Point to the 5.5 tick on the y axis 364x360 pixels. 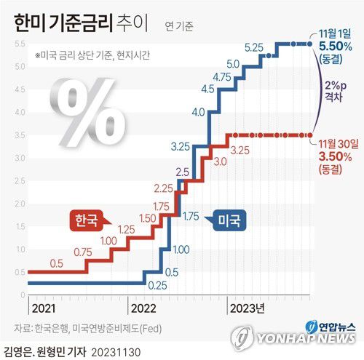click(19, 44)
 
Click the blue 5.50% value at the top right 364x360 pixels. click(337, 45)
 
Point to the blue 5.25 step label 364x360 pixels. click(254, 47)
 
